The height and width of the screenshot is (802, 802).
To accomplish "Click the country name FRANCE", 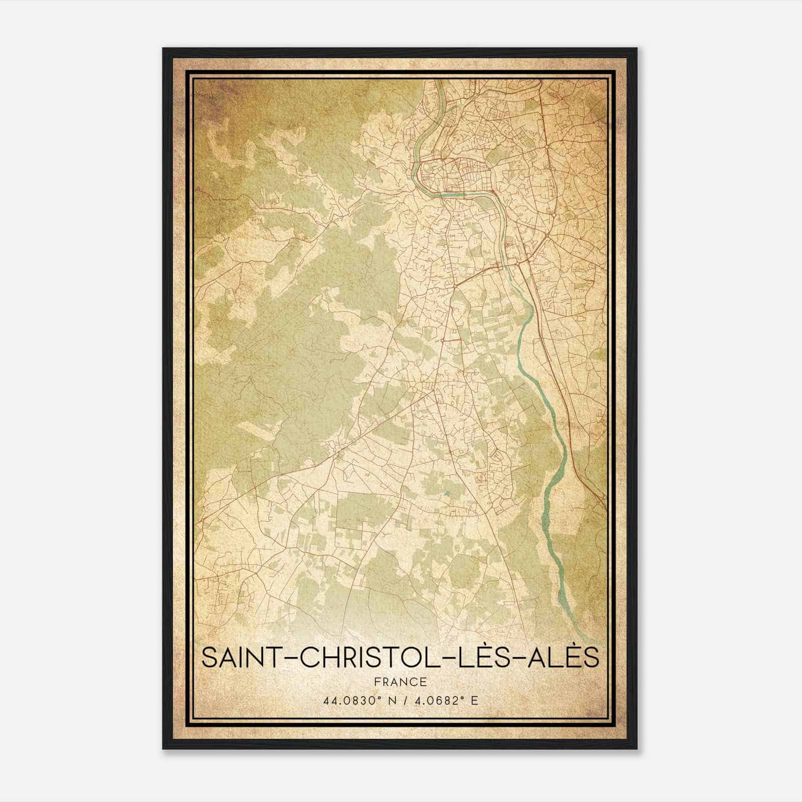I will (x=400, y=682).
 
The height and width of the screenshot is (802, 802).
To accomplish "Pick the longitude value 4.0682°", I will (x=438, y=700).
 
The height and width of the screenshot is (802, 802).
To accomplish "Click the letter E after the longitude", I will (x=475, y=700).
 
